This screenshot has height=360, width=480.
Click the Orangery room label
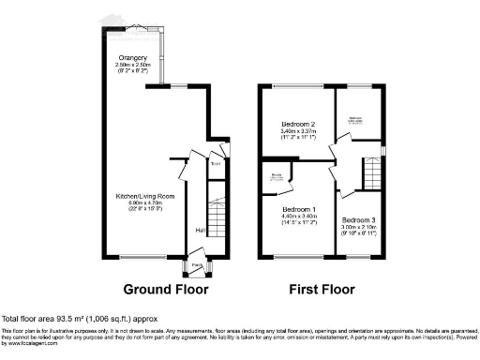point(120,57)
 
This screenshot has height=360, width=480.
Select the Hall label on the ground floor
point(200,230)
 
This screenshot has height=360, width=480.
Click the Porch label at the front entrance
point(197,264)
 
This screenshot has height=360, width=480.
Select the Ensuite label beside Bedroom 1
point(278,174)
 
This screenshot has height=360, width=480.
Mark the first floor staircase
point(372,173)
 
